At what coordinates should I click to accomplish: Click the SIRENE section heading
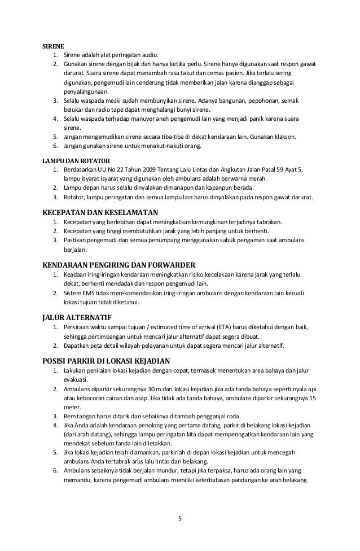pyautogui.click(x=55, y=45)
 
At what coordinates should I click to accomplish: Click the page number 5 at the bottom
pyautogui.click(x=180, y=518)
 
